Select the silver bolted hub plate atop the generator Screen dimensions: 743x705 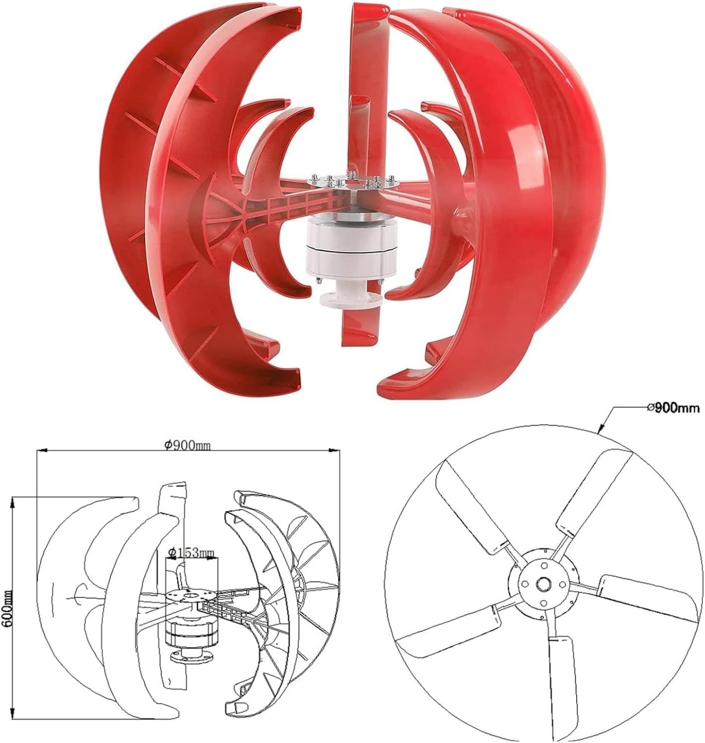[x=352, y=183]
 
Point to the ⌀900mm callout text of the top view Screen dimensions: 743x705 [x=673, y=408]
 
